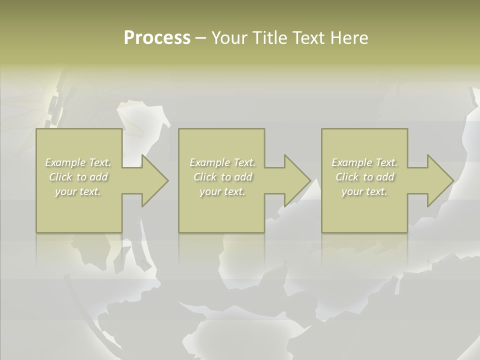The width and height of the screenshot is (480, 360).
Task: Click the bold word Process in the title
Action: pos(157,38)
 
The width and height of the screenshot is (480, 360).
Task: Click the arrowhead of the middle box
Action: pos(296,180)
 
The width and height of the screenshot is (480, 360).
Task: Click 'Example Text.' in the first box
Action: pos(78,162)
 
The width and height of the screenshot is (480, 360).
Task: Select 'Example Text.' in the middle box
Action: pos(222,162)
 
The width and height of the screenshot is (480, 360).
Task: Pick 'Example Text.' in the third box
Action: pos(364,162)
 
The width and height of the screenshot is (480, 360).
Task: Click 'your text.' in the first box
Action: pos(78,191)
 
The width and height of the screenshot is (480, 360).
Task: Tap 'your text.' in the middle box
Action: pos(222,191)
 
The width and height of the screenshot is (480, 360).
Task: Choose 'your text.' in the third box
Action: pos(364,191)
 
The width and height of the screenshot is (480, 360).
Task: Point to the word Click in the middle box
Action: pos(205,177)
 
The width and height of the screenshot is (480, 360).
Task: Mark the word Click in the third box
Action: pos(347,177)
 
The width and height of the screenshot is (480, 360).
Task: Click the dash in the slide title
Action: pos(200,38)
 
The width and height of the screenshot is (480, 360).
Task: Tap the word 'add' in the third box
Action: pos(384,177)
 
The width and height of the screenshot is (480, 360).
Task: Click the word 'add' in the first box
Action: pos(98,177)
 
